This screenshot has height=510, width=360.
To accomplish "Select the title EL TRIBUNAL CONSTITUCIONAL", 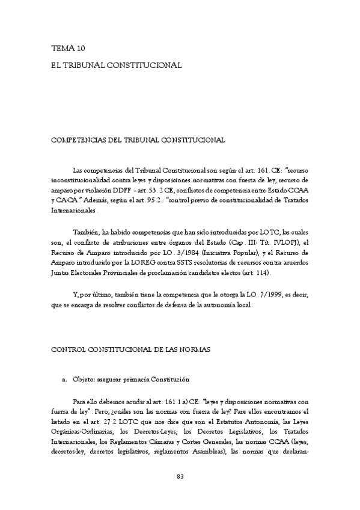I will [117, 63].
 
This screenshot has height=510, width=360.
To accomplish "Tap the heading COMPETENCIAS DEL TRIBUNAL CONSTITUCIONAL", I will [138, 140].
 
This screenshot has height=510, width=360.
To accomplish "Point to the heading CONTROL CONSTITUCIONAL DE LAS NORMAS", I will [131, 349].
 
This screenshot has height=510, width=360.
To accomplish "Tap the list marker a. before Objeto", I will [64, 380].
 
